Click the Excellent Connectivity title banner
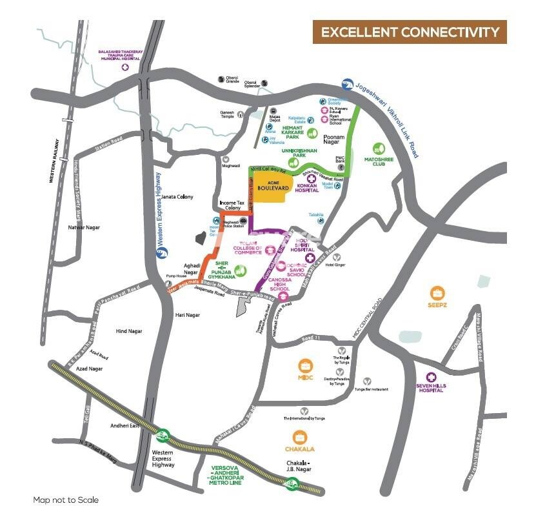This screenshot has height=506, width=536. click(410, 32)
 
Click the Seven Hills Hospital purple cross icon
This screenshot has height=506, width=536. click(430, 377)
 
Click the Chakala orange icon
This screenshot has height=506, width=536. click(299, 437)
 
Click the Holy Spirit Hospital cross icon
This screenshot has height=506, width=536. click(309, 258)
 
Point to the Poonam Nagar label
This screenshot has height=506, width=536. click(338, 137)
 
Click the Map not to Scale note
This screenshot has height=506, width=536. click(66, 500)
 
